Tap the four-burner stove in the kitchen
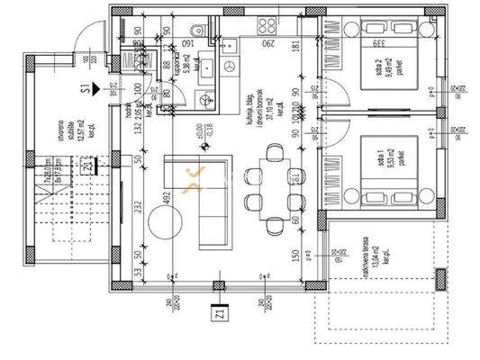227,67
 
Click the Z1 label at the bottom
218,316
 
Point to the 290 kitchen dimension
267,41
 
